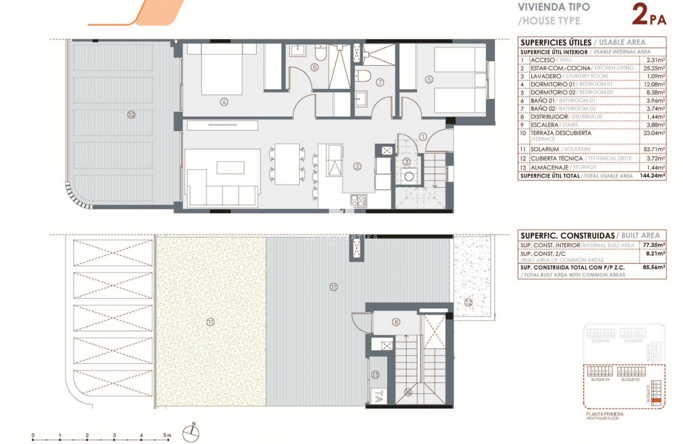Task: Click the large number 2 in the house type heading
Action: point(640,15)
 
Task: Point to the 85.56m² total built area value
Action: point(655,268)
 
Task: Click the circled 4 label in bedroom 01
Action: point(224,102)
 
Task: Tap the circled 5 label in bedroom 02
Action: point(429,79)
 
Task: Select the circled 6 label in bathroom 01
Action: point(314,67)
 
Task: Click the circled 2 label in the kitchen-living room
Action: point(357,166)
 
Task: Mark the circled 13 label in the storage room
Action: point(376,375)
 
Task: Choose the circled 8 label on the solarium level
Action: point(396,322)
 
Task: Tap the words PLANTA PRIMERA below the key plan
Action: point(604,414)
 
